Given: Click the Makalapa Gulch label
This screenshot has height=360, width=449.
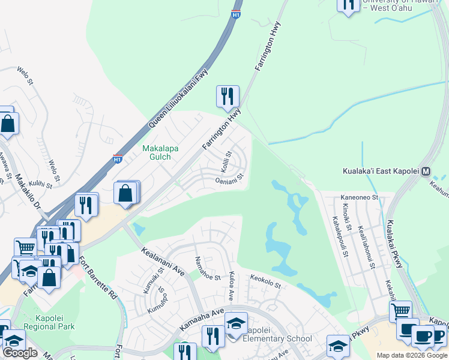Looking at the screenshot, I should tap(156, 152).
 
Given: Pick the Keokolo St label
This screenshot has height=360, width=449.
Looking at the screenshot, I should tap(265, 281).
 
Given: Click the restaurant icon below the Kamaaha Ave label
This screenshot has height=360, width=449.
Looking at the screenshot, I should tap(213, 337).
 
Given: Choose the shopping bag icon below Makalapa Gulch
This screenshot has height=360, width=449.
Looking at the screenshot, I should tap(125, 194).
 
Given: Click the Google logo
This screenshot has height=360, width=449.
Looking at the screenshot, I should tap(20, 353).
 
